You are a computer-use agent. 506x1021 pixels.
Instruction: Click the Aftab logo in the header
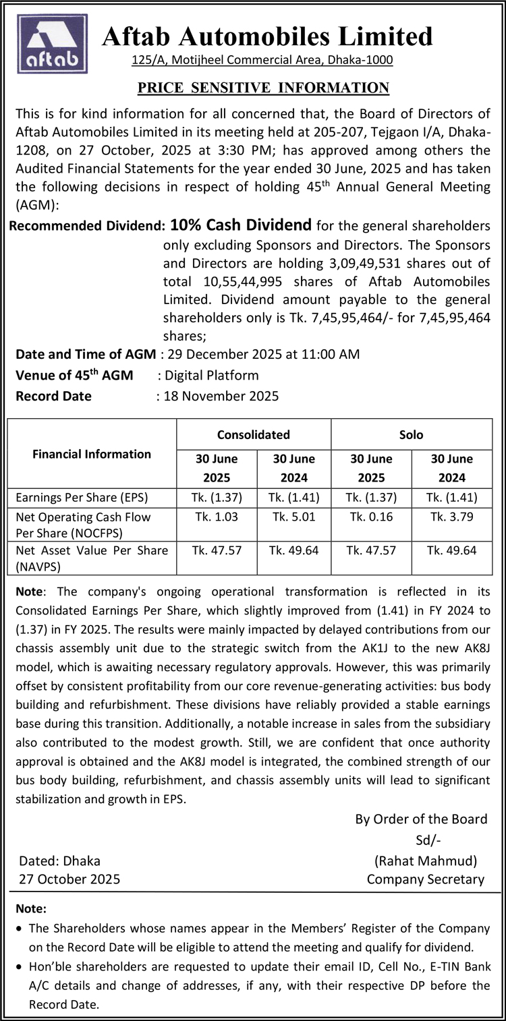tap(52, 45)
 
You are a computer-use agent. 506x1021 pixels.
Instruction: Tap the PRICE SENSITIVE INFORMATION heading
tap(263, 88)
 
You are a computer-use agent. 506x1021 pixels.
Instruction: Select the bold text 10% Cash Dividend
tap(241, 224)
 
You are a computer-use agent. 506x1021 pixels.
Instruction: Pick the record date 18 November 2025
tap(221, 396)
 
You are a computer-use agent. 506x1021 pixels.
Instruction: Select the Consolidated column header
tap(253, 435)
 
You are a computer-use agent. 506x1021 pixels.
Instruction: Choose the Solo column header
tap(411, 435)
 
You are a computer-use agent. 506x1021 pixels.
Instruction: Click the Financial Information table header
tap(92, 454)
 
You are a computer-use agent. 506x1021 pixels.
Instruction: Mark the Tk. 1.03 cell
tap(217, 517)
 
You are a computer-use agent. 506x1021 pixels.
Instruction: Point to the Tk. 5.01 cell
tap(294, 517)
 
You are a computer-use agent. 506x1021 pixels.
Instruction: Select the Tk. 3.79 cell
tap(451, 517)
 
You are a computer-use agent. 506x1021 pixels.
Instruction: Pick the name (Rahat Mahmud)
tap(425, 860)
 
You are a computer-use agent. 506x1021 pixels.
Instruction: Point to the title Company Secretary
tap(426, 879)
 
